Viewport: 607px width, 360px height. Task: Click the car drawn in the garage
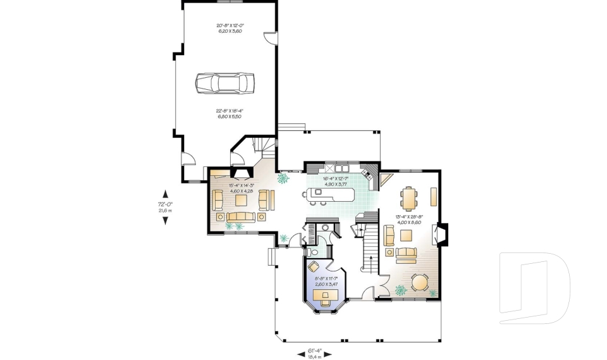point(224,83)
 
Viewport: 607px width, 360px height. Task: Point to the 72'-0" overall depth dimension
point(166,207)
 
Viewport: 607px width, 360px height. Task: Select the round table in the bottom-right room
point(420,282)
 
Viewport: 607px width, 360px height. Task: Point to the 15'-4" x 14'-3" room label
point(241,188)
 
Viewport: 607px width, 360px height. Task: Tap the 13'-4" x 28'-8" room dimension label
point(408,220)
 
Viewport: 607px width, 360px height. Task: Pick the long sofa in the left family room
point(240,217)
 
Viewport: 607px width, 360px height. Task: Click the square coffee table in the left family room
point(242,201)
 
